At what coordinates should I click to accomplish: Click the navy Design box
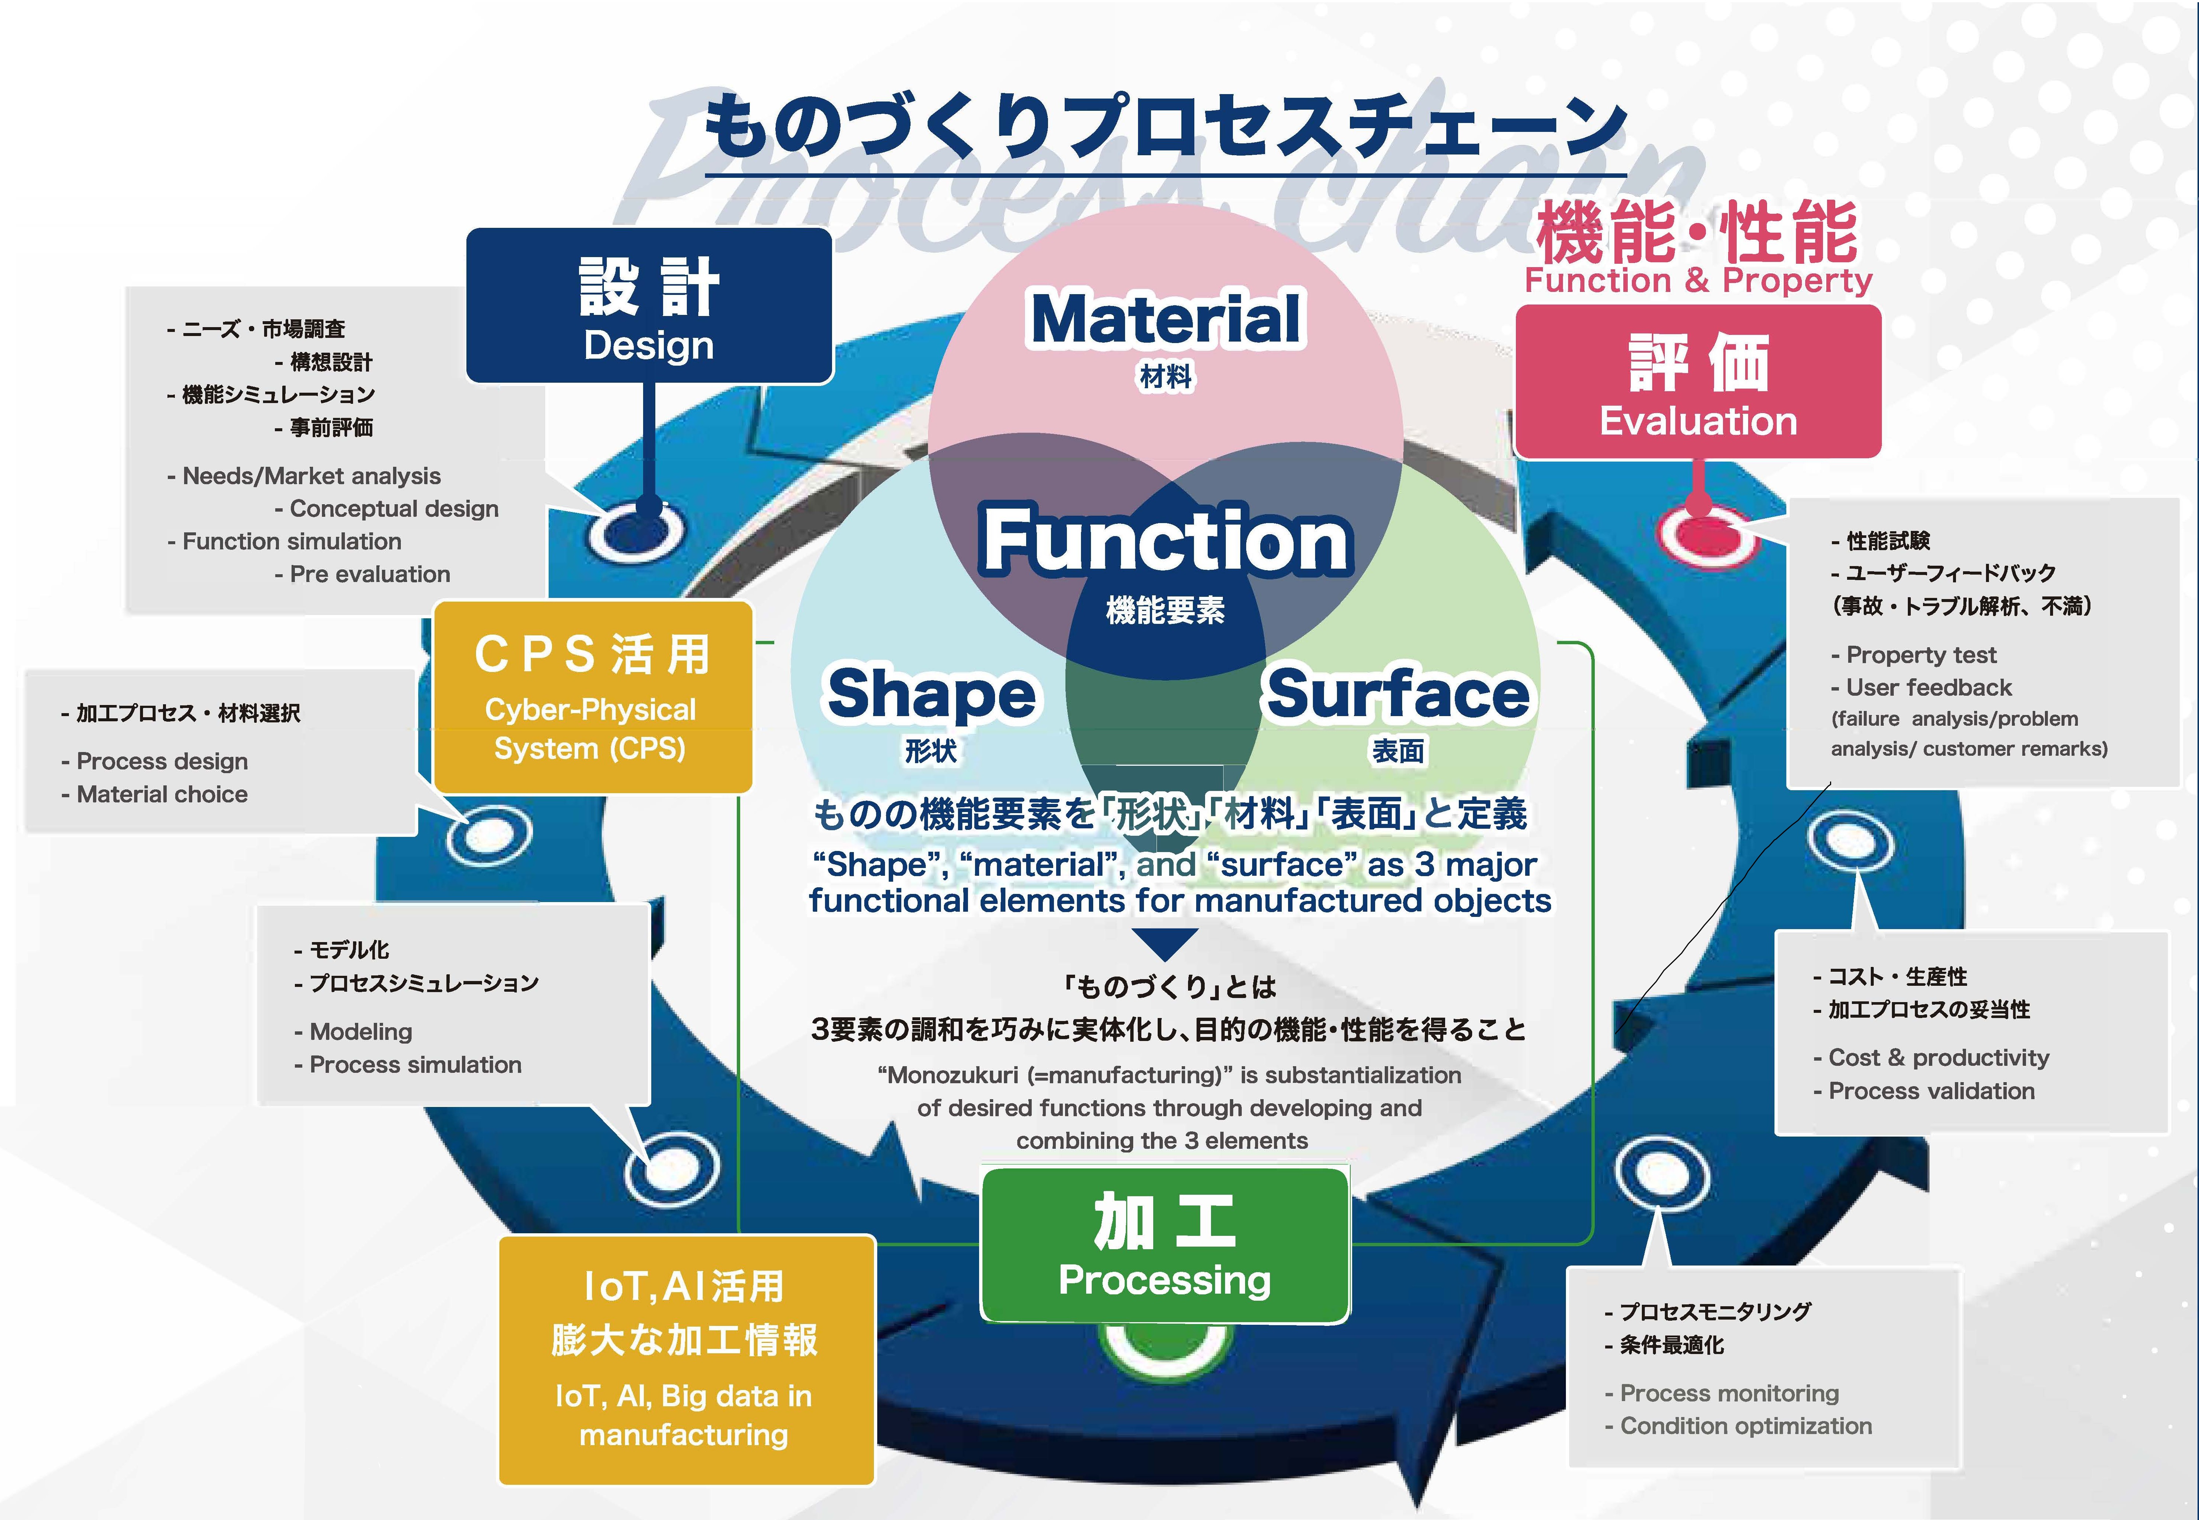click(x=649, y=306)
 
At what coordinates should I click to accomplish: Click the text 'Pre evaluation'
click(x=369, y=574)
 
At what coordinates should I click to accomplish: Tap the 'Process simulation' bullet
click(x=415, y=1065)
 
